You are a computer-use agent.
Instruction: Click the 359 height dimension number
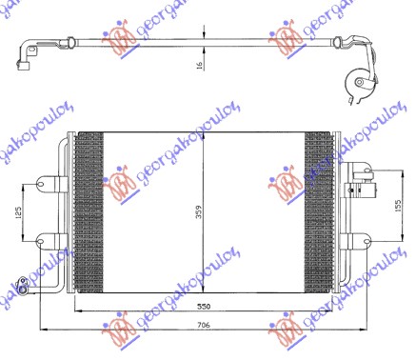[200, 212]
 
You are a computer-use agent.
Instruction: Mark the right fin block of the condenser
[318, 210]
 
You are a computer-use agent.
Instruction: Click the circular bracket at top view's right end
[360, 88]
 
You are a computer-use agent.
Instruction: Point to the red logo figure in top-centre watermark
[121, 39]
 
